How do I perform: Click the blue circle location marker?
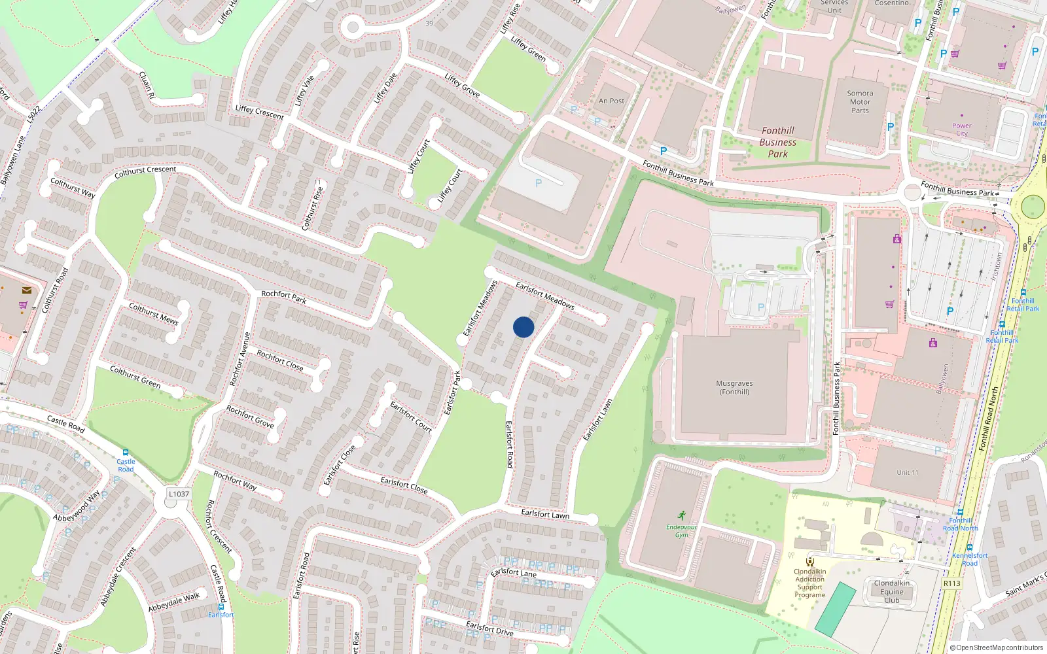[523, 327]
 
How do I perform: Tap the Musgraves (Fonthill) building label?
[734, 388]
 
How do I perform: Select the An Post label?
[611, 101]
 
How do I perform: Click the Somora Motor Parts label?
[860, 102]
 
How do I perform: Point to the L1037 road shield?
[179, 494]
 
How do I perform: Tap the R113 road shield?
[952, 583]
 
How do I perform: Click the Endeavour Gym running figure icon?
[682, 515]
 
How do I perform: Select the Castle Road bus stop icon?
[125, 453]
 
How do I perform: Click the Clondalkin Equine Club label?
[892, 591]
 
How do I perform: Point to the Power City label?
[962, 129]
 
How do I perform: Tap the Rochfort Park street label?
[283, 297]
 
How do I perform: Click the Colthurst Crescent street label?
[145, 172]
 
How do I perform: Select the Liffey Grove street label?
[462, 86]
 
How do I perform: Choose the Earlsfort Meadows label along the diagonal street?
[544, 295]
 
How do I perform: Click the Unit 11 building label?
[907, 472]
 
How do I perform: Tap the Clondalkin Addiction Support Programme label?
[810, 583]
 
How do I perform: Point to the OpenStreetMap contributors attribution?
[997, 647]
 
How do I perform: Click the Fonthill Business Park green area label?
[777, 143]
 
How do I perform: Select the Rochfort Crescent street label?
[219, 526]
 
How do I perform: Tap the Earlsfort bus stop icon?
[221, 607]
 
